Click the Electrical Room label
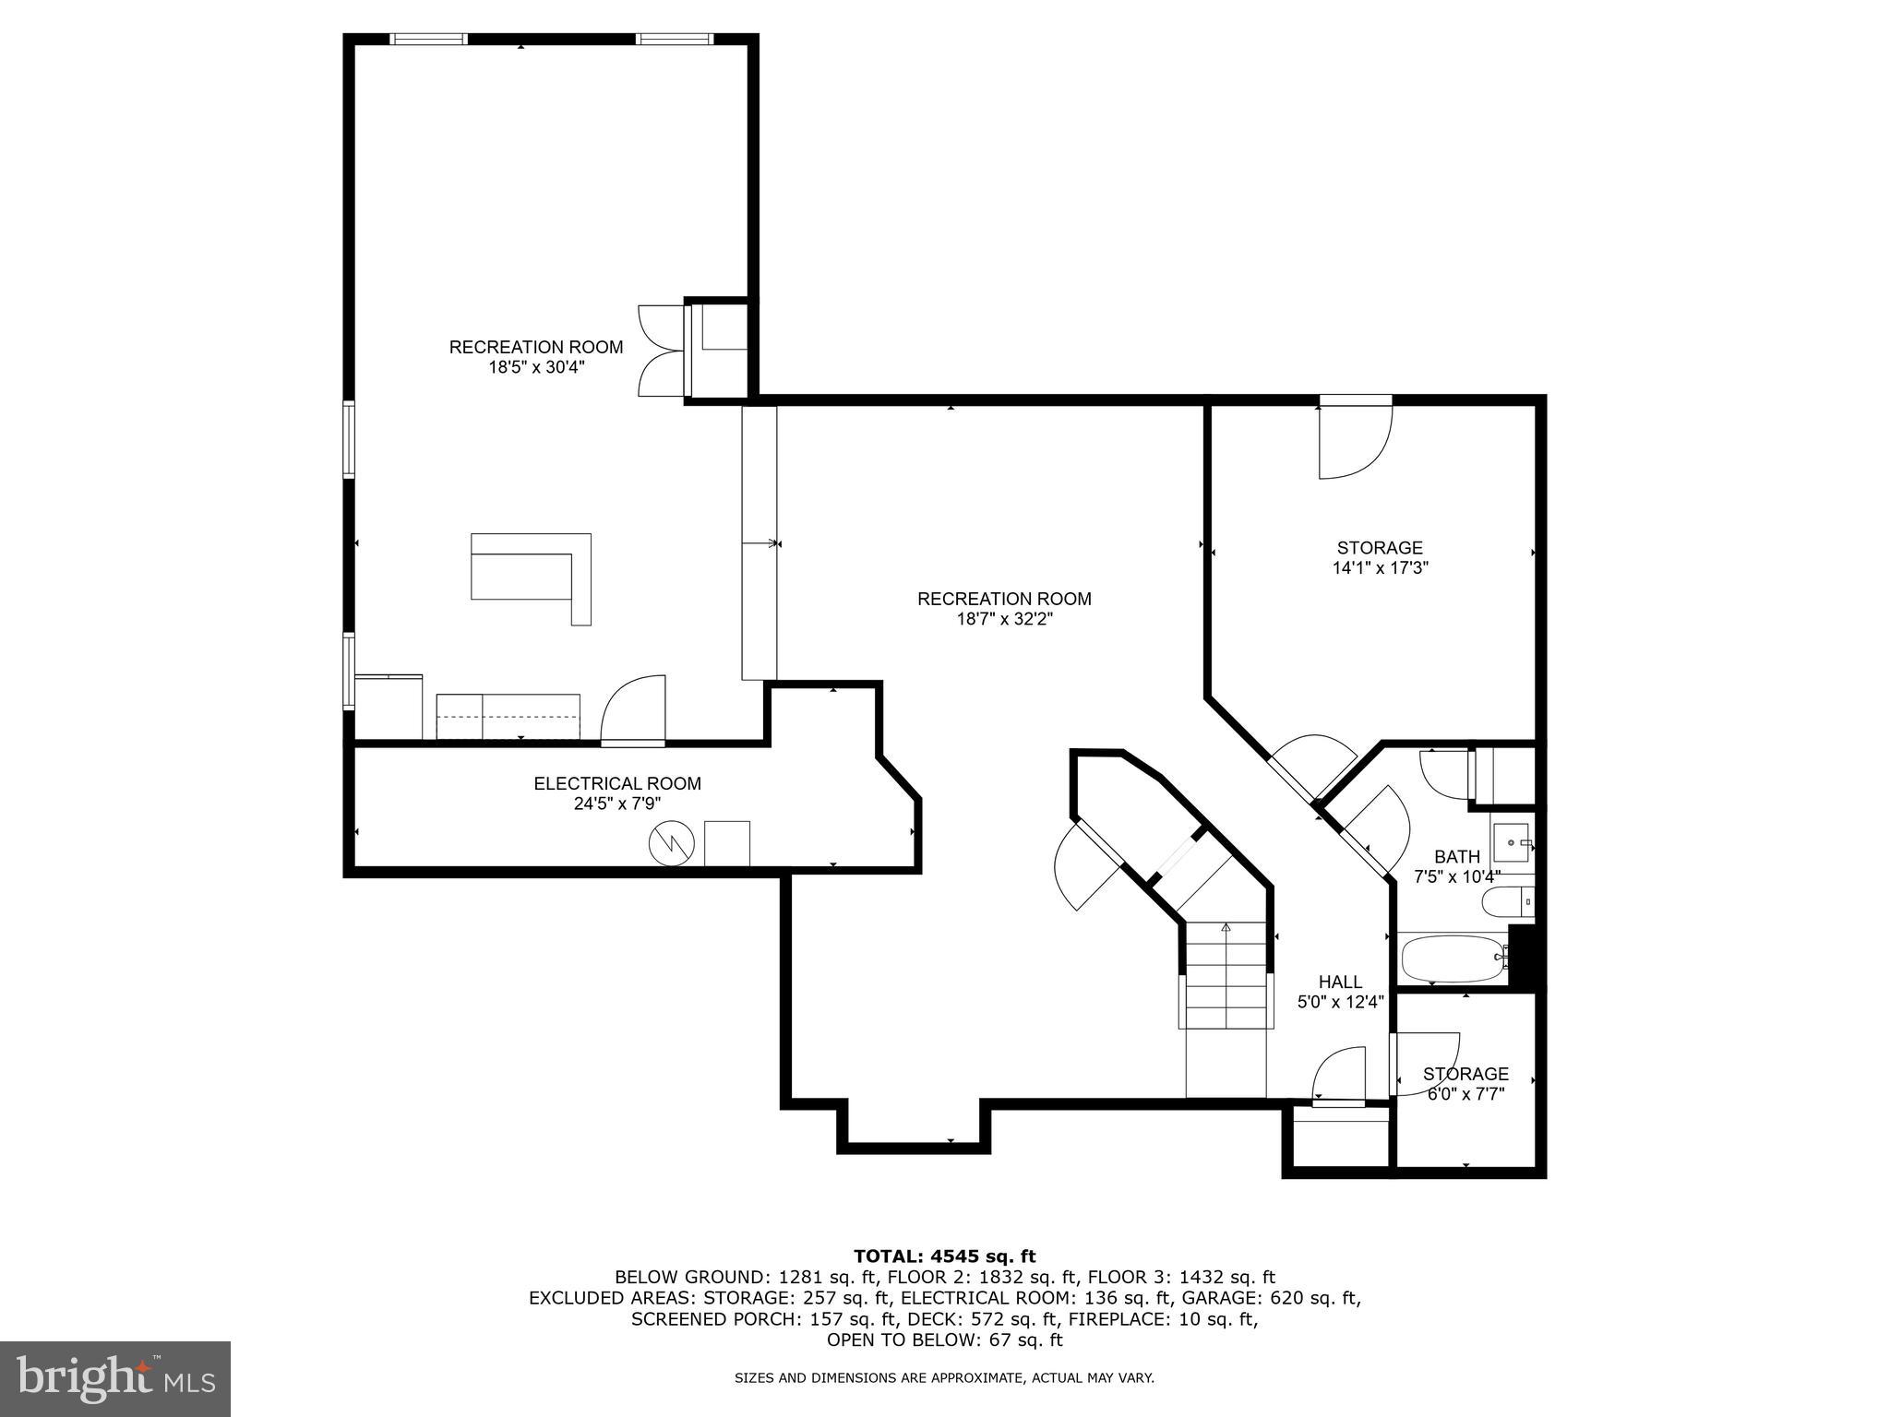coord(616,783)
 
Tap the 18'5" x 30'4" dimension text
coord(536,367)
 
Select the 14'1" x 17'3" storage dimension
coord(1380,568)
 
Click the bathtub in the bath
coord(1453,959)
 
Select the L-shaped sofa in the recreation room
coord(531,578)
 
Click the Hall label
coord(1340,982)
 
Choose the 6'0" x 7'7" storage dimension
coord(1465,1094)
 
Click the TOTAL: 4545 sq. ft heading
coord(944,1256)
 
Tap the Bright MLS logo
coord(114,1379)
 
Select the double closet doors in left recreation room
coord(661,351)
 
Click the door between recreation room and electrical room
coord(633,710)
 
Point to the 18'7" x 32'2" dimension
coord(1004,619)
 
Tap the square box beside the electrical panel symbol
coord(726,842)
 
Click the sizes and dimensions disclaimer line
coord(944,1378)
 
